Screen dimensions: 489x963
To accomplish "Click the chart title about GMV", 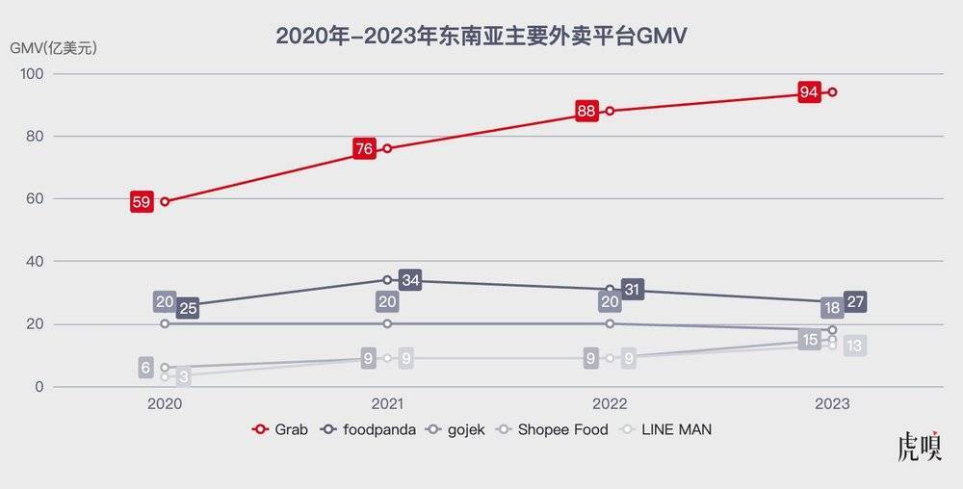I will (x=481, y=36).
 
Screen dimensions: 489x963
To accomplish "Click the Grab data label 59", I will (x=142, y=202).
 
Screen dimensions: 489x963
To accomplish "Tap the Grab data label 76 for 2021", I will (x=364, y=149).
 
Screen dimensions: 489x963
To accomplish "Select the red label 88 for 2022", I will (x=586, y=111).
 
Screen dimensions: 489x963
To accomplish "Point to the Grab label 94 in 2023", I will (x=809, y=92).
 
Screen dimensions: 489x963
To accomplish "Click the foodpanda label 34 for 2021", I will (x=410, y=281).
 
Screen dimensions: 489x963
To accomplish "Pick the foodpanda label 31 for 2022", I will (x=633, y=289).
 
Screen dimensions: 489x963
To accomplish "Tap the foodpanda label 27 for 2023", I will (x=855, y=302).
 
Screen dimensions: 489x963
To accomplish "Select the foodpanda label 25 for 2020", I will (x=188, y=309).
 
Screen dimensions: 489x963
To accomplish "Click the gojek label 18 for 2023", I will (x=833, y=309).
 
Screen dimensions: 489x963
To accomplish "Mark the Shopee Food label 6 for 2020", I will (x=146, y=367).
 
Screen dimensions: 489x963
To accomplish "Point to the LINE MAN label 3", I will (x=183, y=378).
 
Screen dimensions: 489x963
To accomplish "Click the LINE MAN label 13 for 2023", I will (x=854, y=347).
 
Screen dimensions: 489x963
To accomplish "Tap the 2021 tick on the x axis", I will (x=387, y=404).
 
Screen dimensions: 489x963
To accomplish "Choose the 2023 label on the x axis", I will (x=832, y=404).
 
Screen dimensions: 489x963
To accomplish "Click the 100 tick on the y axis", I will (x=31, y=74).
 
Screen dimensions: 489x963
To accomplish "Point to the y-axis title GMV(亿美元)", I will (x=53, y=46).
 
